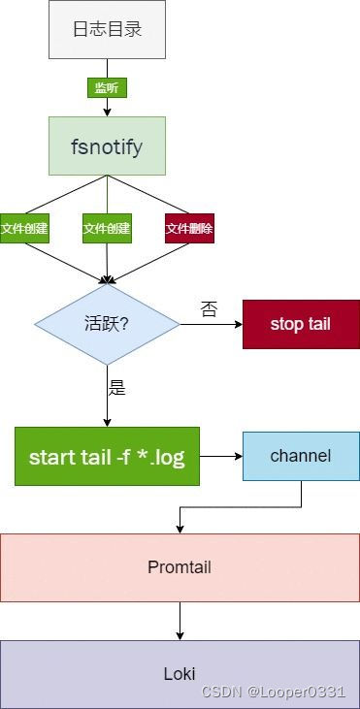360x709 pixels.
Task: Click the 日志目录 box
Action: pos(107,29)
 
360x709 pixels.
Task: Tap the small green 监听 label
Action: pos(107,87)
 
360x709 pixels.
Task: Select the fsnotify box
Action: pos(107,145)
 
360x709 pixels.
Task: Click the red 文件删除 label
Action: pos(189,229)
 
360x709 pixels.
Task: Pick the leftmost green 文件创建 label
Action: pos(24,229)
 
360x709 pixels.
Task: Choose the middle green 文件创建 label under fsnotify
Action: pos(107,229)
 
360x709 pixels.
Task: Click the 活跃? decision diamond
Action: pos(107,324)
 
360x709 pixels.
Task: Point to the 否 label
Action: pos(209,309)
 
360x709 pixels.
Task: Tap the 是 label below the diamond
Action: pos(117,389)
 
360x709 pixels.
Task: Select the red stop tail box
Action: pos(301,324)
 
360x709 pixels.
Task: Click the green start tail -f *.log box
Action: pos(107,456)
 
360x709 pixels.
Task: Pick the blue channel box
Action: pos(301,455)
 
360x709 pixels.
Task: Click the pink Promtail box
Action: pos(180,565)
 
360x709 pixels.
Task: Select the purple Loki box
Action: pos(180,671)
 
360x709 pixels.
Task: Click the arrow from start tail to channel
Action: pos(220,455)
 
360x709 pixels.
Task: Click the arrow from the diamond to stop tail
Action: pos(211,324)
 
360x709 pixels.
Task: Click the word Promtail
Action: pos(180,565)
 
